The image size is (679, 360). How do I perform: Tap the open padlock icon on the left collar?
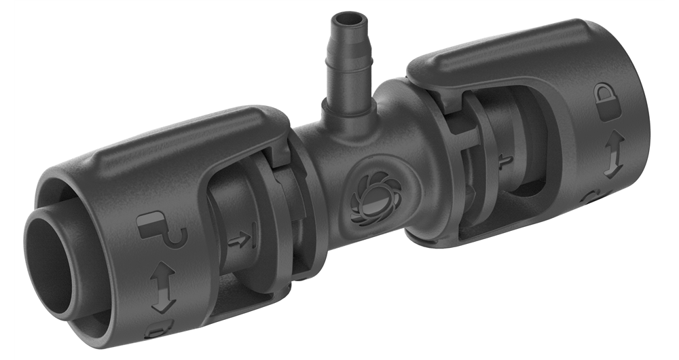pos(161,230)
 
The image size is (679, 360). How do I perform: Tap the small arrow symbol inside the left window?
pos(238,239)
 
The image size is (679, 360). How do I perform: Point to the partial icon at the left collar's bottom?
pos(158,331)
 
